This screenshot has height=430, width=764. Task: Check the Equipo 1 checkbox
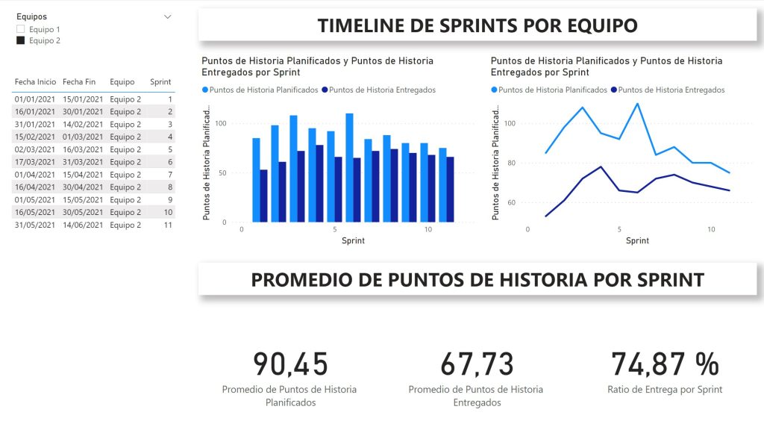point(20,29)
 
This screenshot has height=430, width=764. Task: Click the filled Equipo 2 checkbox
point(20,41)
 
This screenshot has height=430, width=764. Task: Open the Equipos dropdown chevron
point(168,16)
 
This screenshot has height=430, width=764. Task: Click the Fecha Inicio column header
point(35,82)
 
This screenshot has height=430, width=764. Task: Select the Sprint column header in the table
point(160,82)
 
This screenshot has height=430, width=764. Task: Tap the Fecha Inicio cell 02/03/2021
point(35,149)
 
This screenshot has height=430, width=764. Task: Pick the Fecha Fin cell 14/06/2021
point(83,225)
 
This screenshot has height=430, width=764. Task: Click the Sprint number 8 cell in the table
point(170,187)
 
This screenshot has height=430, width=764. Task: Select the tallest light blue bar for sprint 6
point(349,168)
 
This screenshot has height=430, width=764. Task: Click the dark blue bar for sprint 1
point(263,196)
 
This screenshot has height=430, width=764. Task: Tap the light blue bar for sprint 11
point(442,184)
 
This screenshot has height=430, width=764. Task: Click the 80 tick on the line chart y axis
point(512,163)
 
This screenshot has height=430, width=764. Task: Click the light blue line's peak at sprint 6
point(637,104)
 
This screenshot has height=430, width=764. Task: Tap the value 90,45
point(290,364)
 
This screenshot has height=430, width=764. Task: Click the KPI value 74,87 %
point(665,364)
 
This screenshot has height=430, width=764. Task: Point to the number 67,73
point(477,364)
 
